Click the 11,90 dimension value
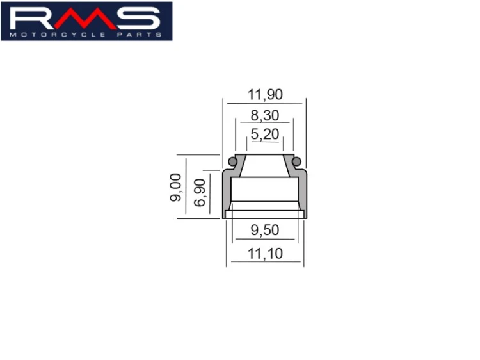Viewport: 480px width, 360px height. pos(265,94)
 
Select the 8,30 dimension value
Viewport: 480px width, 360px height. pos(265,115)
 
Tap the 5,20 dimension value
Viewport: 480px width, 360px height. pos(265,134)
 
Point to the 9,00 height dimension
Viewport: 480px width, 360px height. pos(176,187)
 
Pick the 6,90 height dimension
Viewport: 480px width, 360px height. pos(200,193)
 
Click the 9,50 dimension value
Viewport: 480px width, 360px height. pos(265,230)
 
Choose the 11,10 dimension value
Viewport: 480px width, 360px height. pos(265,254)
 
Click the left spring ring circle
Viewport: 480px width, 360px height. pos(233,161)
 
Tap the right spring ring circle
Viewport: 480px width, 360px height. pos(296,161)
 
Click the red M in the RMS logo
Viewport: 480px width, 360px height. pos(86,19)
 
